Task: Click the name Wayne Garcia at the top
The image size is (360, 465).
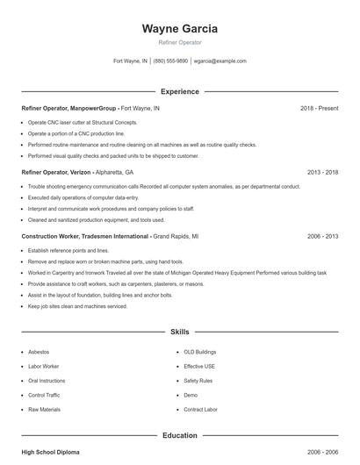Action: tap(179, 28)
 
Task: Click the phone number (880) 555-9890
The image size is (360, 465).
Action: tap(170, 61)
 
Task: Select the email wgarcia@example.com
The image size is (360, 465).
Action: tap(220, 61)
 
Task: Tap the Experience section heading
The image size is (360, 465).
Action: tap(179, 91)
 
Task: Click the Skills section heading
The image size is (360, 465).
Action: tap(179, 333)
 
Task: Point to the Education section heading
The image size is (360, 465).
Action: tap(179, 434)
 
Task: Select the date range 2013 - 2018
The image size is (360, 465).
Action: tap(322, 173)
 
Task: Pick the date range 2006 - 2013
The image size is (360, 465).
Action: tap(322, 236)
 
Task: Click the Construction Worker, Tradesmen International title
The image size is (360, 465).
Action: tap(85, 236)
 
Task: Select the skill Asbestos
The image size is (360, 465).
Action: tap(40, 351)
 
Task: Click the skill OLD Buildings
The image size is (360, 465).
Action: tap(200, 351)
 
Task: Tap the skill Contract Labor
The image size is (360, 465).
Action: tap(200, 410)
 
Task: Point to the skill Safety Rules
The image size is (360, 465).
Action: tap(198, 381)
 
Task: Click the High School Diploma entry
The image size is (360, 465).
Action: tap(50, 451)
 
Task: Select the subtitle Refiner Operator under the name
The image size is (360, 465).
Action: tap(179, 42)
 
